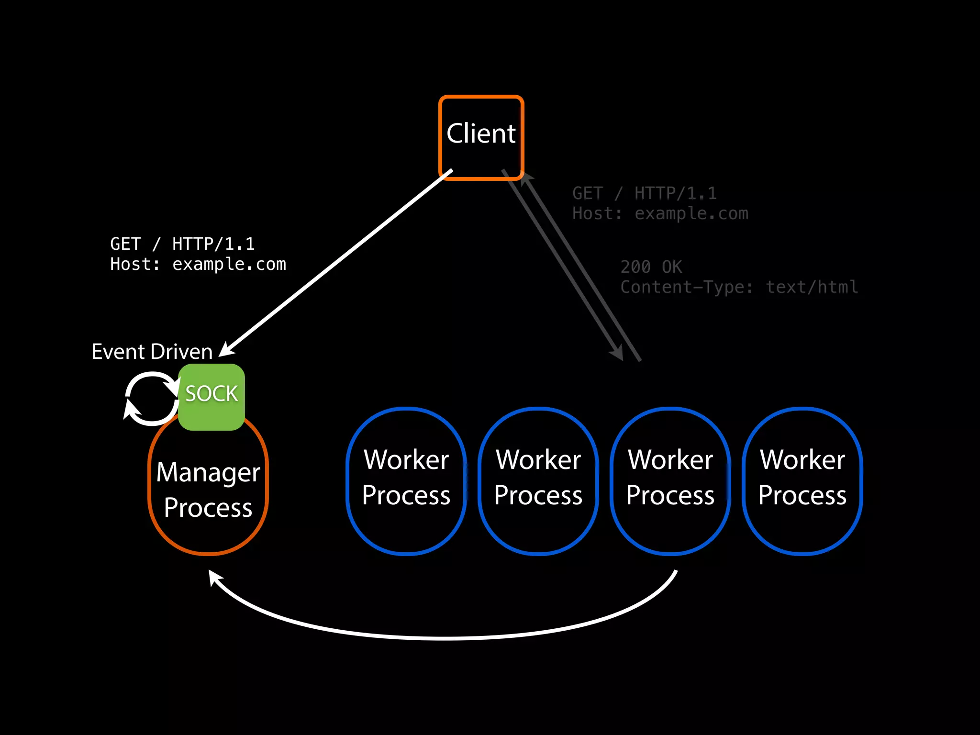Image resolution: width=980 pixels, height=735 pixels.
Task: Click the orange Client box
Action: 481,137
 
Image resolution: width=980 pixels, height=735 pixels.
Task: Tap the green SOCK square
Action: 212,397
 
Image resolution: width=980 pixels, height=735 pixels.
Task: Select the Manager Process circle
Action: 208,493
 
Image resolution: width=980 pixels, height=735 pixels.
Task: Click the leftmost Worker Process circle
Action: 406,481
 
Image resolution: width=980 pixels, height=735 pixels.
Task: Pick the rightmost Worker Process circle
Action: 802,481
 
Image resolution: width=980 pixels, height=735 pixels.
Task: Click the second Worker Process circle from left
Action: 538,481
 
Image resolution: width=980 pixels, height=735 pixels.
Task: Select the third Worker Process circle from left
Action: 670,481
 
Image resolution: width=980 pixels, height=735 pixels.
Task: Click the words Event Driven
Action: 152,352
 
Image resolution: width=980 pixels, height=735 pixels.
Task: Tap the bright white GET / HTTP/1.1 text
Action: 182,244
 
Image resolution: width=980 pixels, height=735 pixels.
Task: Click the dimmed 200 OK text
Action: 651,267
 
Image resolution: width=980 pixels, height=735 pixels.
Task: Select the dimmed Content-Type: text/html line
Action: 739,287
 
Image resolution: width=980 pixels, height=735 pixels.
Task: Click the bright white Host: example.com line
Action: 198,264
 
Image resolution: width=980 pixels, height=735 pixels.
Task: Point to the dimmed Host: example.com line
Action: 660,213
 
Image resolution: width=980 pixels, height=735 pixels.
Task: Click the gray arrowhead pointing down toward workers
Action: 618,353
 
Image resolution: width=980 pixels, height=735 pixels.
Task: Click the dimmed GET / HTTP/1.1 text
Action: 645,193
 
